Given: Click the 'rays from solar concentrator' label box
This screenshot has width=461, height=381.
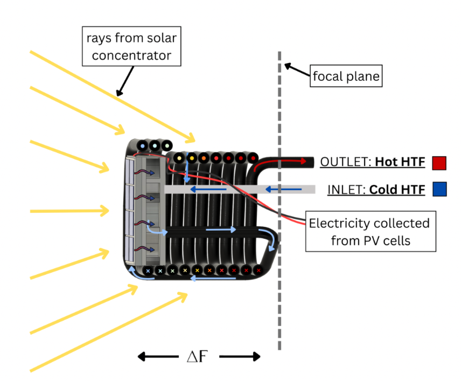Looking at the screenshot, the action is (x=131, y=46).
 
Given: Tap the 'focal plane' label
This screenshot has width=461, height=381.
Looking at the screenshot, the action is (x=346, y=76).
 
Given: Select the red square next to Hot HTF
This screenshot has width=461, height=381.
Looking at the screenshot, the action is (x=439, y=163).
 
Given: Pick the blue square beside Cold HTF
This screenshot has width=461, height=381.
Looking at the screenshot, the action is (x=439, y=189).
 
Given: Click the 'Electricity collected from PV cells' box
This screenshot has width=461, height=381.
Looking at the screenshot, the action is (x=371, y=231).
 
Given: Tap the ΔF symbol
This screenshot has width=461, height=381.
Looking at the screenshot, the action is (x=198, y=356).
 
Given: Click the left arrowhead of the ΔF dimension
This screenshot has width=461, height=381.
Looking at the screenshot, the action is (x=142, y=357).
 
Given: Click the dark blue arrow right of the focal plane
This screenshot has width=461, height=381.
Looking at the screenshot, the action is (x=283, y=189).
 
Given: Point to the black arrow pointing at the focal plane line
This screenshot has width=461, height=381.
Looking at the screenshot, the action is (x=297, y=70).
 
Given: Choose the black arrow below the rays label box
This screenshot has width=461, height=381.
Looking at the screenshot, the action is (x=125, y=81).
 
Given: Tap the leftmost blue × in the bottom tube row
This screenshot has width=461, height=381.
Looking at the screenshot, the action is (x=148, y=271).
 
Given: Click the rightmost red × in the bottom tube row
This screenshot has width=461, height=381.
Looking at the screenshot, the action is (x=259, y=271).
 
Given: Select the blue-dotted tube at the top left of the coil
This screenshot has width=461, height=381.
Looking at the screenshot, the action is (x=143, y=146).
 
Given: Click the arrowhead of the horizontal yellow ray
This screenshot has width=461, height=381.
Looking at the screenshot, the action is (x=104, y=211).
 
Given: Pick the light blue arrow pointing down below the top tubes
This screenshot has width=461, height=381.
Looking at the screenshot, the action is (x=187, y=168).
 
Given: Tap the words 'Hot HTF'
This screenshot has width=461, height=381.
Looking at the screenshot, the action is (x=400, y=162).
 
